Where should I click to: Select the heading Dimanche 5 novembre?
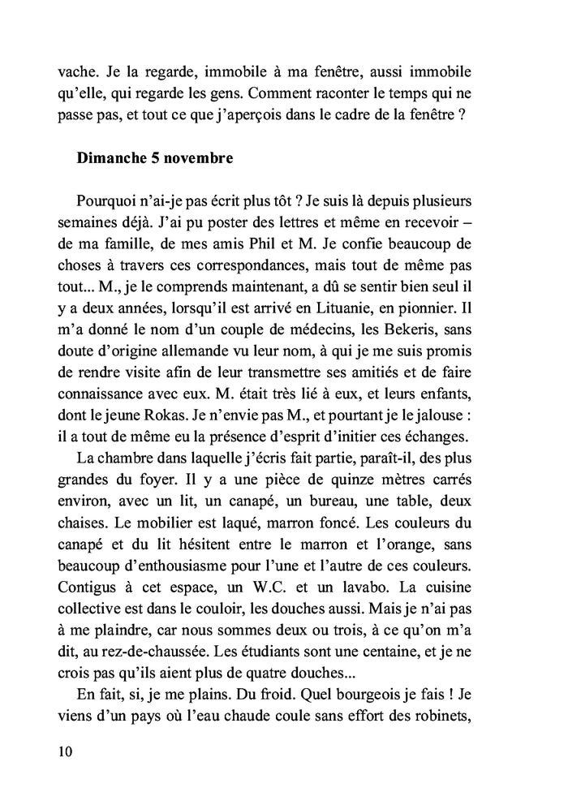tap(155, 159)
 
